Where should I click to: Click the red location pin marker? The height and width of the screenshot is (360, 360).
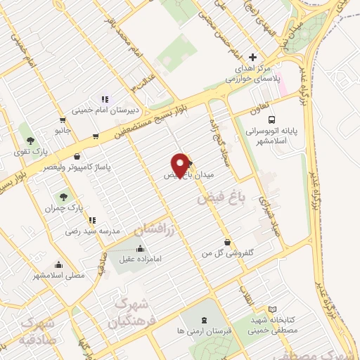click(x=181, y=165)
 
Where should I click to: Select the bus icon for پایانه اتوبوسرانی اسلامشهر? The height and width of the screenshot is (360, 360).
click(x=271, y=119)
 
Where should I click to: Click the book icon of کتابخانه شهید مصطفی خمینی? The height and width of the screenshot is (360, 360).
click(x=273, y=309)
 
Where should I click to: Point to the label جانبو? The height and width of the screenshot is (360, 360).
click(x=63, y=131)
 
